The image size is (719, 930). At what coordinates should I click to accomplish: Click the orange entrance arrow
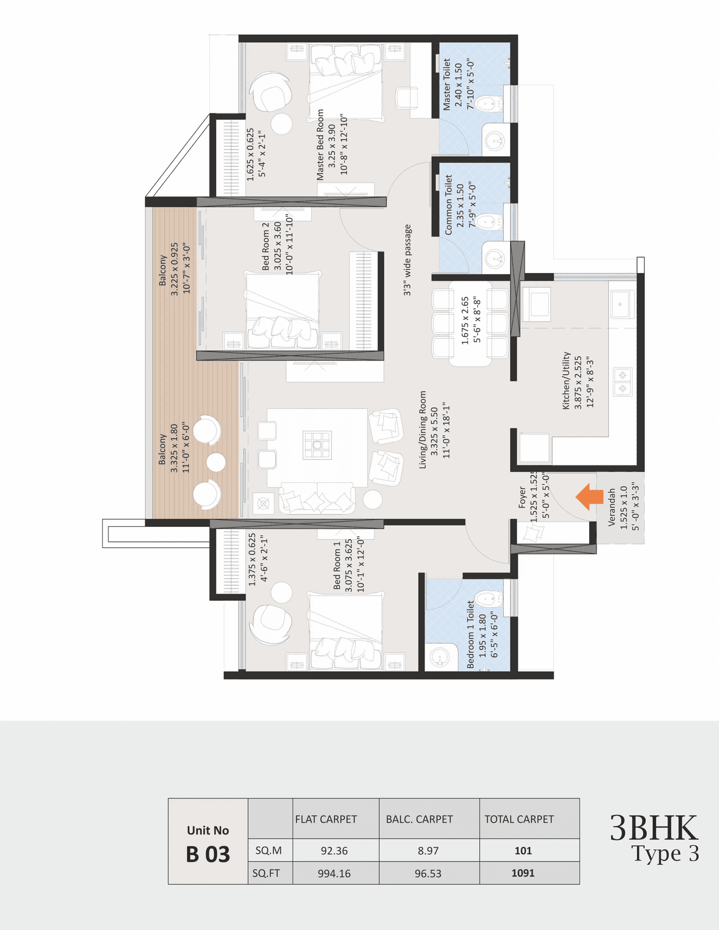coord(589,496)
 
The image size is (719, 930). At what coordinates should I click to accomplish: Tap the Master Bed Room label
coord(320,145)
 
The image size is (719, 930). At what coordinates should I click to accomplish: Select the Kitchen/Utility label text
coord(566,380)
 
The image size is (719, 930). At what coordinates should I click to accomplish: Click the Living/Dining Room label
coord(423,430)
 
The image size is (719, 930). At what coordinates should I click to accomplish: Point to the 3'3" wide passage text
coord(408,260)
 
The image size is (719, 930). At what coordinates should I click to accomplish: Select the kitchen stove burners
coord(622,381)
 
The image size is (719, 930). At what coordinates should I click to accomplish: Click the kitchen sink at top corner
coord(621,304)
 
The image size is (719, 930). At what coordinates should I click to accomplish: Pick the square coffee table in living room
coord(317,445)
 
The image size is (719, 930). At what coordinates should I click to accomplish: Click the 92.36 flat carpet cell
coord(334,850)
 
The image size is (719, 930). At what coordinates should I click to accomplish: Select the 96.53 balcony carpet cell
coord(428,873)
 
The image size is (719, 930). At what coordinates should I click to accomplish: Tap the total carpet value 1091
coord(522,873)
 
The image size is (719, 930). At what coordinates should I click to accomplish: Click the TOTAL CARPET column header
coord(519,819)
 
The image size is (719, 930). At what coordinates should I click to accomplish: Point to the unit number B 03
coord(208,854)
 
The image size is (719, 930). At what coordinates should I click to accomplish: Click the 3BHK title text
coord(653,828)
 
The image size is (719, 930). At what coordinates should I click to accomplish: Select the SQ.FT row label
coord(266,873)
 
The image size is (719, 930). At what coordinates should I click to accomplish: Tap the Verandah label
coord(612,507)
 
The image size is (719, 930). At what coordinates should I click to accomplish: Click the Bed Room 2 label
coord(266,246)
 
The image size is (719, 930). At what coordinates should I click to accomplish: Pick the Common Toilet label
coord(448,205)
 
